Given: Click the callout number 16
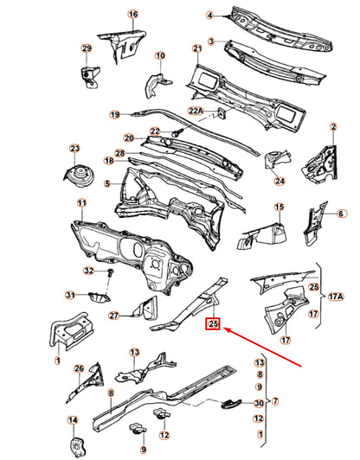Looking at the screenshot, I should [132, 16].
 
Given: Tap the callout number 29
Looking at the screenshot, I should [87, 48].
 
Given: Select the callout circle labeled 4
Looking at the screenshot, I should [209, 16].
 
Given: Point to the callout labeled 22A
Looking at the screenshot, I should [196, 111].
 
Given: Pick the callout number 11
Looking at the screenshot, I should [81, 204].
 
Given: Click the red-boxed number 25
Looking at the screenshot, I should [212, 325].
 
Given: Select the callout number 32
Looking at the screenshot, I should [88, 271].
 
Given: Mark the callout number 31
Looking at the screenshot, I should [69, 296].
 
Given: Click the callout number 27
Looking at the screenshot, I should [113, 316].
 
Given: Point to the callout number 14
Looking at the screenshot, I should [74, 421].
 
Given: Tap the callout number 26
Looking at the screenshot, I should [78, 369].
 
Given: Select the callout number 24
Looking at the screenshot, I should [280, 181].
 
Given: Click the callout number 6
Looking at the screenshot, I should [340, 214].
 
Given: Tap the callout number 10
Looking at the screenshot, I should [159, 57].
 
